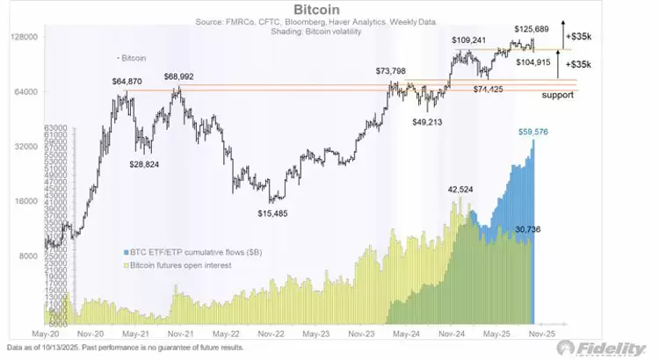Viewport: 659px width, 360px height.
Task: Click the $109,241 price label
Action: pos(469,40)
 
